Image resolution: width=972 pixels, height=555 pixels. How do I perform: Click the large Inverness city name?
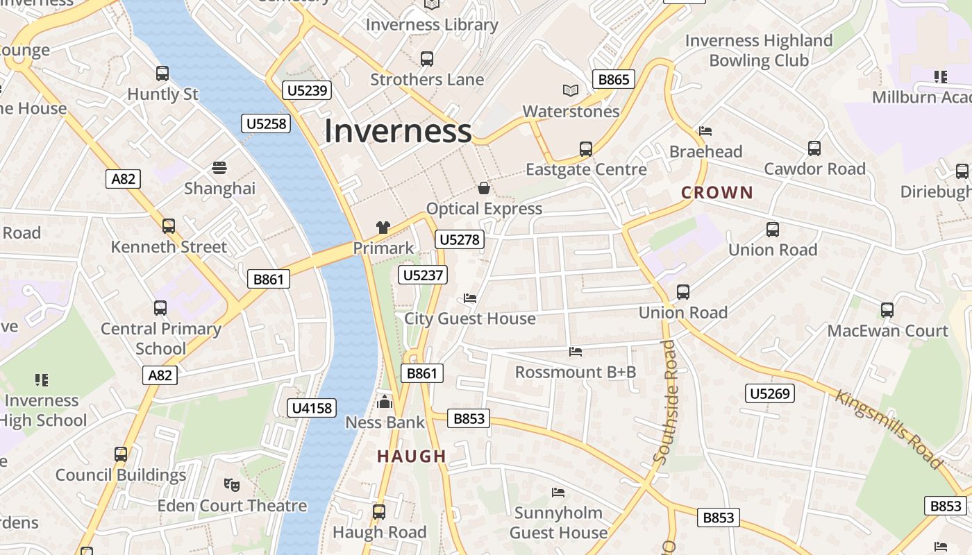[x=398, y=131]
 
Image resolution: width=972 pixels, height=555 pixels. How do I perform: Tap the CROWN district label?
[x=717, y=193]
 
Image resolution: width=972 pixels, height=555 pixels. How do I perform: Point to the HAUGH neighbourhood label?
[x=412, y=456]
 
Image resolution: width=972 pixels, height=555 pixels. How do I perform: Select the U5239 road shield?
[x=307, y=90]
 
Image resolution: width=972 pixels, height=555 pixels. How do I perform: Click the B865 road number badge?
[x=614, y=79]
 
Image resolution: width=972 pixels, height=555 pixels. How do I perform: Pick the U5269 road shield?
[x=770, y=394]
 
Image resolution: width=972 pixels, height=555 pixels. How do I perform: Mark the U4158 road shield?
[x=312, y=408]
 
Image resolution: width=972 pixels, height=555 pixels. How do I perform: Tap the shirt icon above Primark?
[x=383, y=227]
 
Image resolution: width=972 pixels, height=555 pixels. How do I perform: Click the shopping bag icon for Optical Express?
[x=484, y=188]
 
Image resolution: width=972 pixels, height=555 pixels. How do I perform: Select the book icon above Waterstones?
[x=571, y=90]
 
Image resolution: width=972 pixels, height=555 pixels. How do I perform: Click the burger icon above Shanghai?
[x=219, y=168]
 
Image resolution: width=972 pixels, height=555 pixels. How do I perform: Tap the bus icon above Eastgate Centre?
[x=586, y=149]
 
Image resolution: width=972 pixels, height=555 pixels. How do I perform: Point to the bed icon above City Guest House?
[x=470, y=298]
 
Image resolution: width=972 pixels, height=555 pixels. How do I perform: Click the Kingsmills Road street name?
[x=889, y=429]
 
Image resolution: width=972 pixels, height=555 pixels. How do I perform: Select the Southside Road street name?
[x=664, y=402]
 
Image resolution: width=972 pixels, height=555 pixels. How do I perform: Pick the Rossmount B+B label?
[x=576, y=373]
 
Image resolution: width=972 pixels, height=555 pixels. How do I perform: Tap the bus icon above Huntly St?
[x=162, y=74]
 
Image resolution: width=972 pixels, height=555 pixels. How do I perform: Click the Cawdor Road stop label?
[x=814, y=169]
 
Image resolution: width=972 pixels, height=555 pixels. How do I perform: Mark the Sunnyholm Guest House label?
[x=558, y=522]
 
